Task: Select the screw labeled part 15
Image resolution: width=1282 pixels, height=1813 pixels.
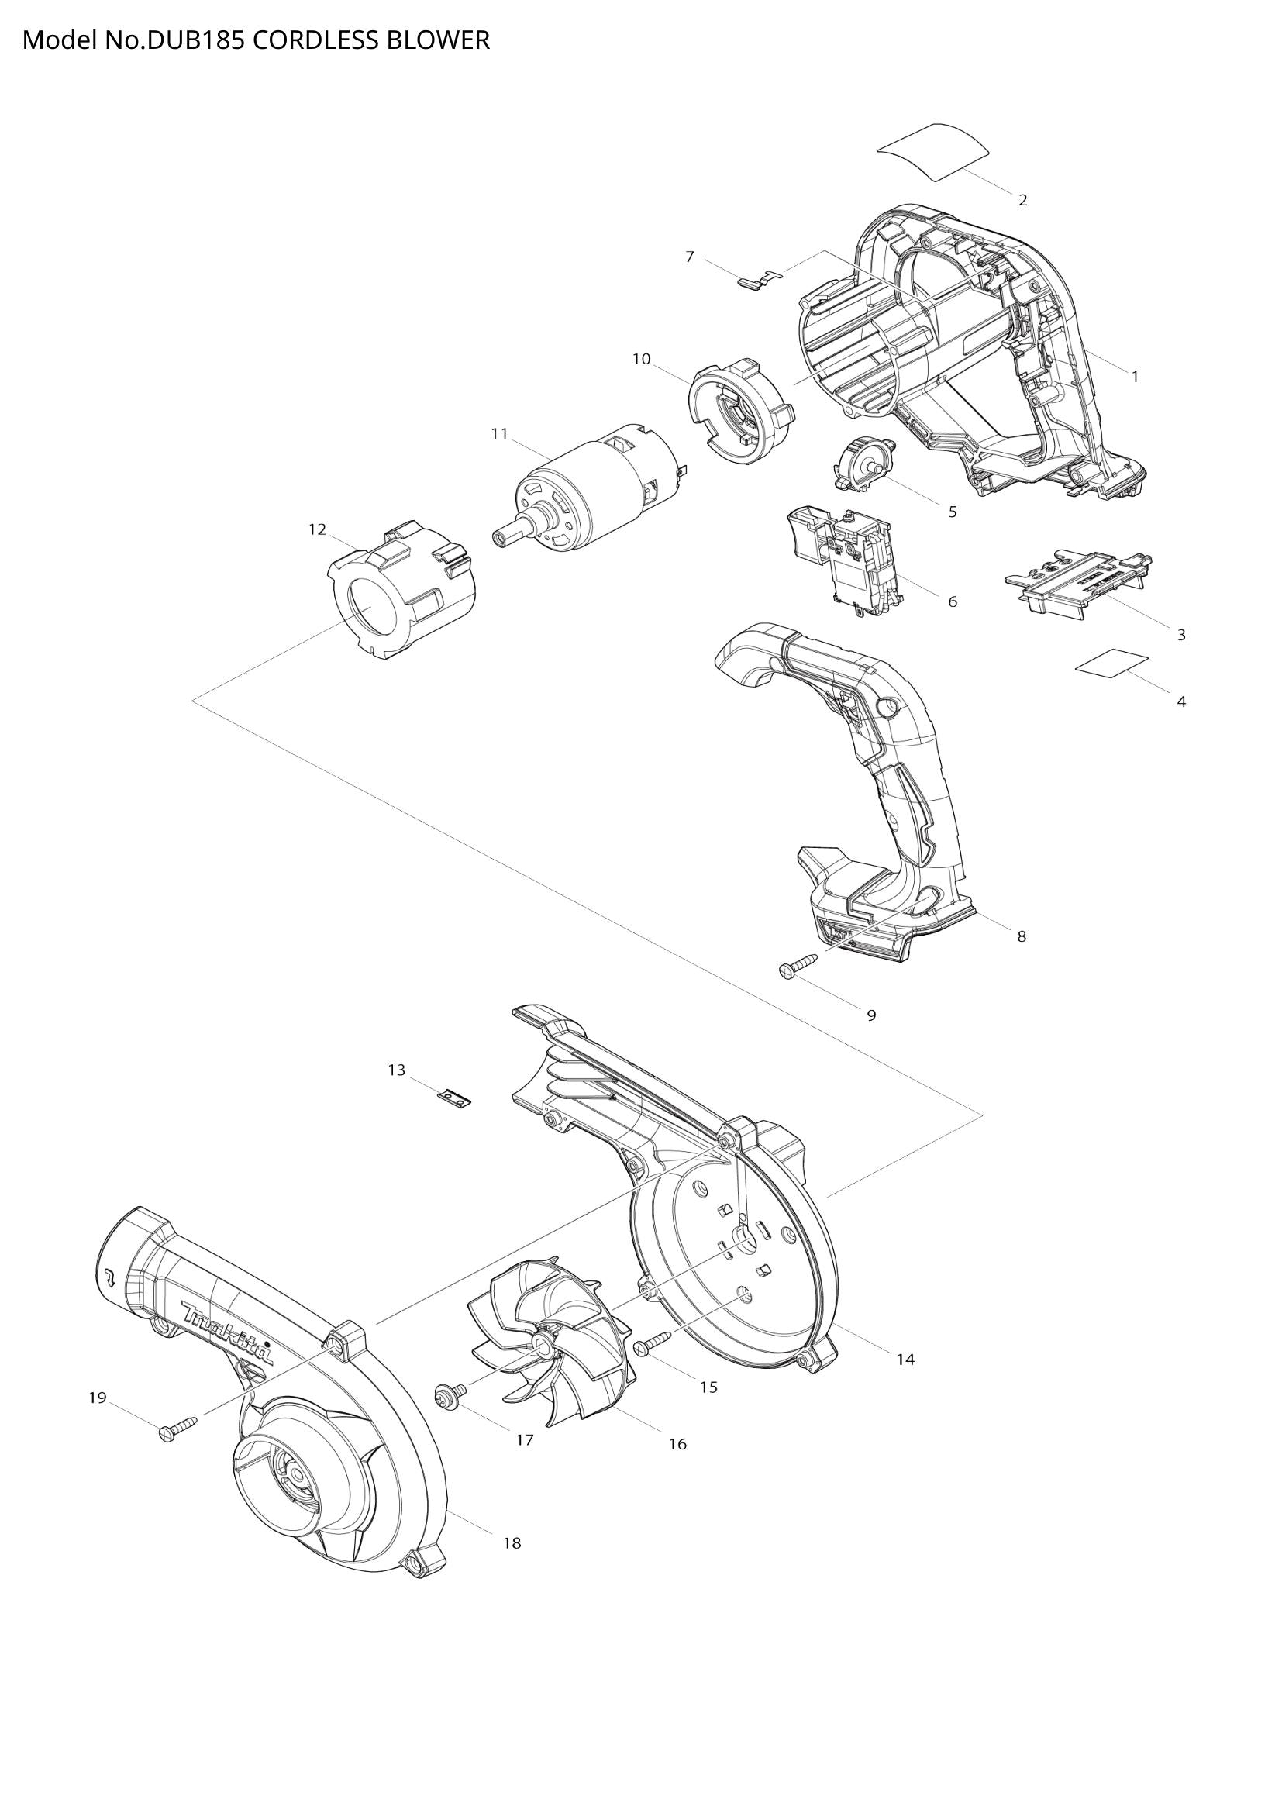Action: coord(651,1343)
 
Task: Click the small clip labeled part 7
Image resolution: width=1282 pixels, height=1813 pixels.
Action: coord(758,279)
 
